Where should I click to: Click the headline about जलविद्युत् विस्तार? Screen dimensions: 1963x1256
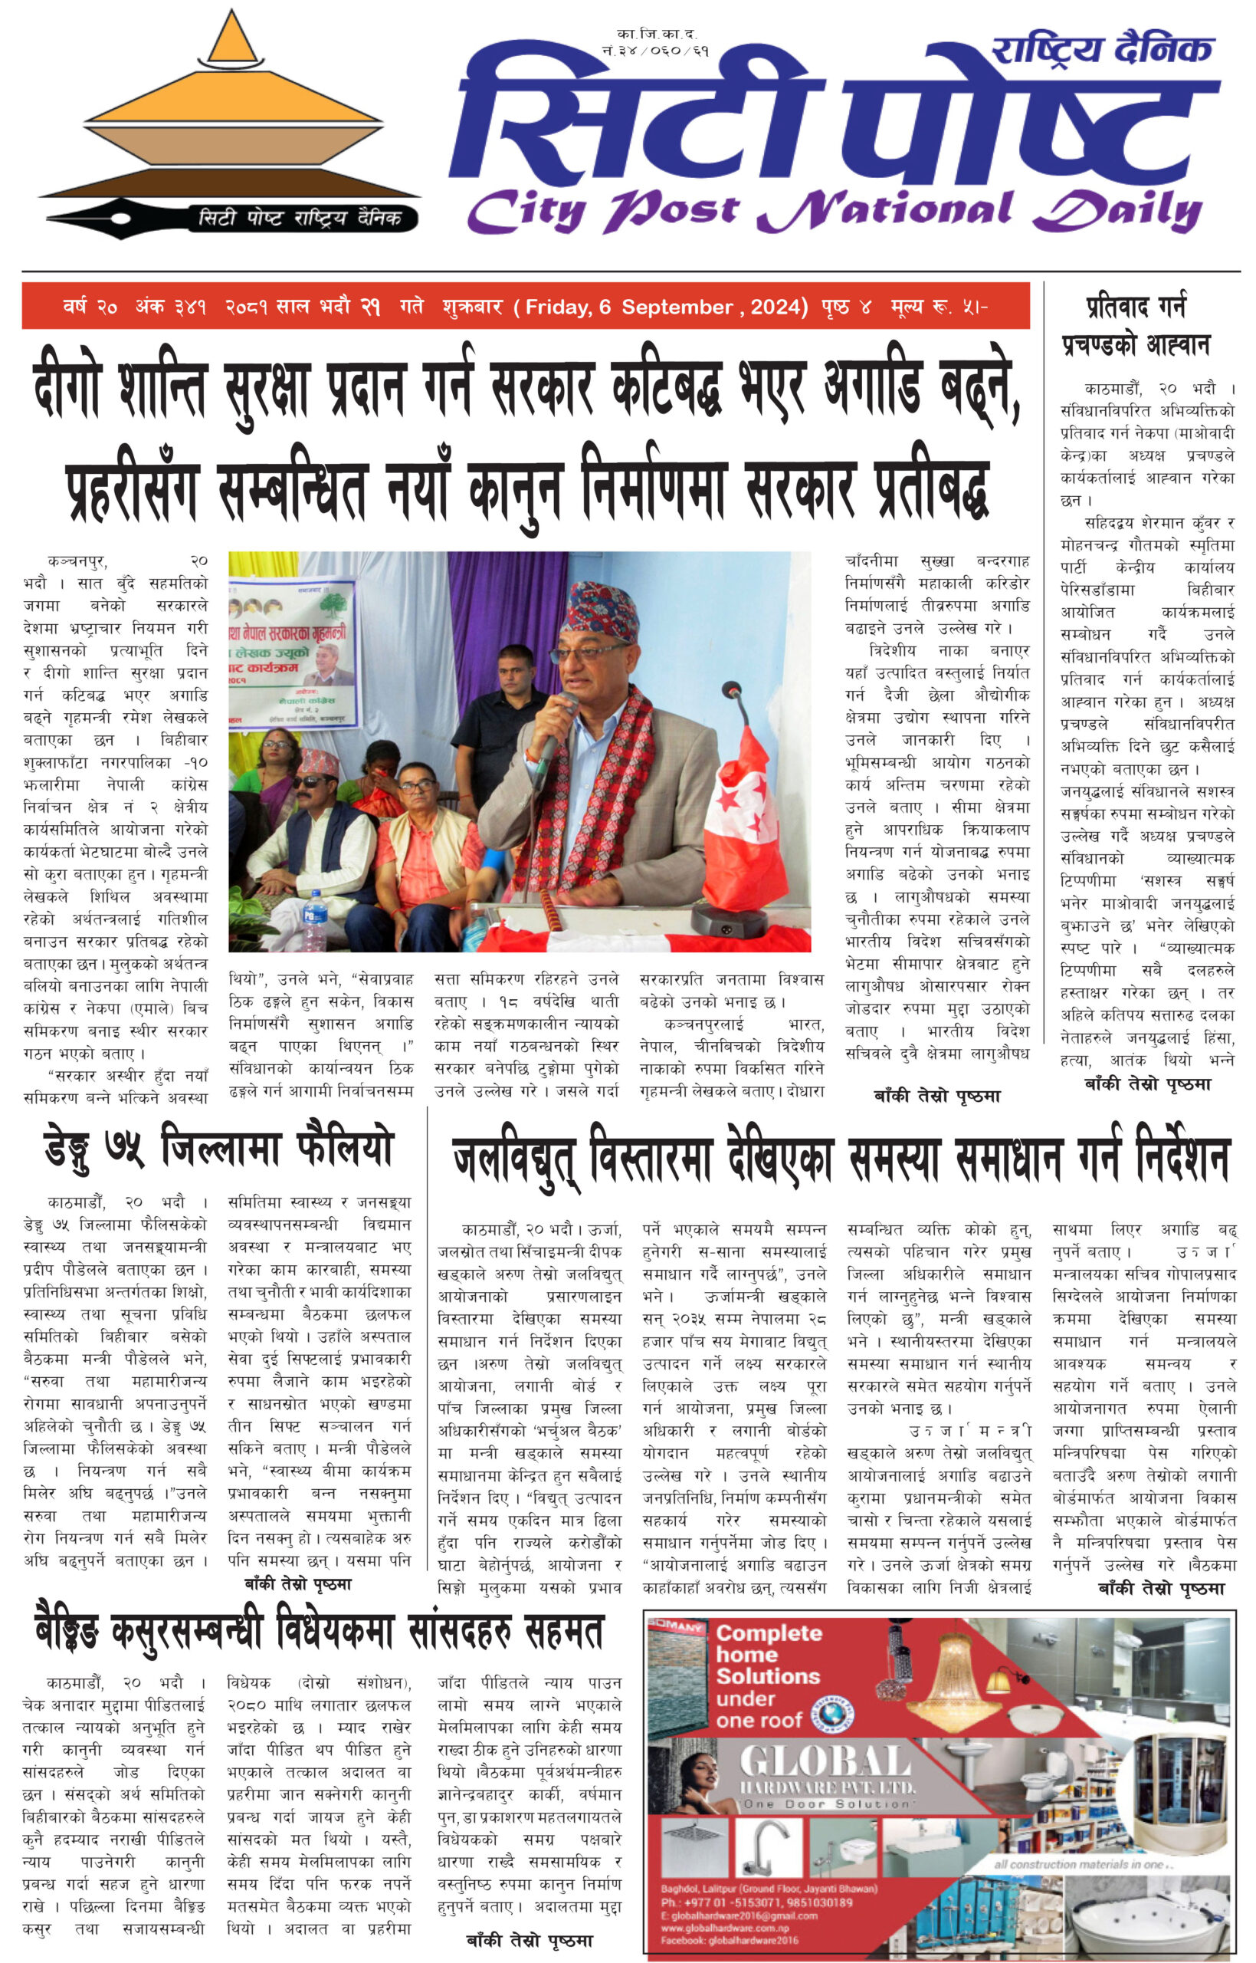tap(840, 1157)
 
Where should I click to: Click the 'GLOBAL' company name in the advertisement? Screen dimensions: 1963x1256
tap(824, 1762)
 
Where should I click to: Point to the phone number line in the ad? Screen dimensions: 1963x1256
tap(757, 1902)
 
